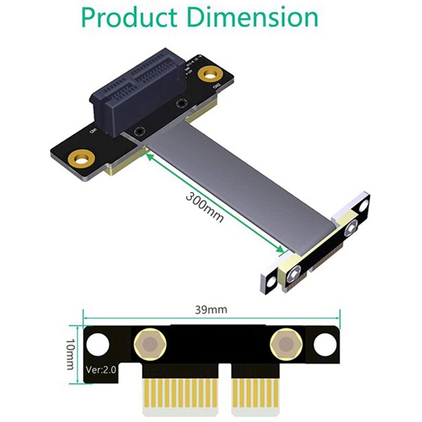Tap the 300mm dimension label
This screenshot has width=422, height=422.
coord(205,206)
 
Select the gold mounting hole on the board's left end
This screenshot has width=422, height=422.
coord(80,157)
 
